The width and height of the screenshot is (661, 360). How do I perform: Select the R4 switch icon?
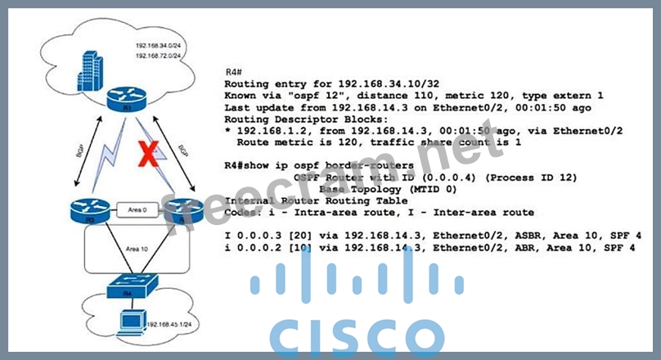(125, 289)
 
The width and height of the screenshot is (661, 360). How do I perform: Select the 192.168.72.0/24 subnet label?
(160, 55)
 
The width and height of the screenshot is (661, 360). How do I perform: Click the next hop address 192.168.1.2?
(269, 130)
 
